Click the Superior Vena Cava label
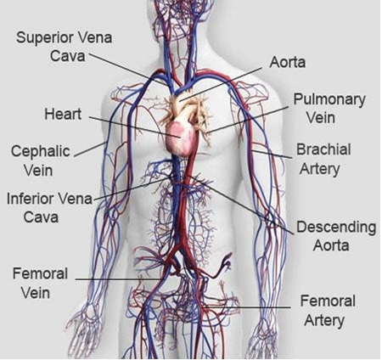click(x=65, y=47)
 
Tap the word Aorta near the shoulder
click(x=288, y=62)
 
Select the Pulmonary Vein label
click(x=329, y=108)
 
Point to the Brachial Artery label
click(x=323, y=159)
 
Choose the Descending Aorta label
click(x=336, y=236)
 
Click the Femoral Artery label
click(x=327, y=311)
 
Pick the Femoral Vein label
click(x=40, y=284)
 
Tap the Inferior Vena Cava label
click(x=49, y=208)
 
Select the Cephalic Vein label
click(x=40, y=160)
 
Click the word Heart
click(x=63, y=114)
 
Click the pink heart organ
click(x=181, y=138)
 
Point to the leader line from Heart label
click(x=135, y=127)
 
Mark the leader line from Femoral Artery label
click(x=246, y=307)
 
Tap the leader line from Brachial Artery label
click(x=272, y=154)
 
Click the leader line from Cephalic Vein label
click(x=90, y=149)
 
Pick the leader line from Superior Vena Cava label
click(x=128, y=69)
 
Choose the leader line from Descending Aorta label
click(x=241, y=205)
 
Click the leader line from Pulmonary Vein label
click(x=248, y=120)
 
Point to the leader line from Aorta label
click(x=221, y=84)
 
